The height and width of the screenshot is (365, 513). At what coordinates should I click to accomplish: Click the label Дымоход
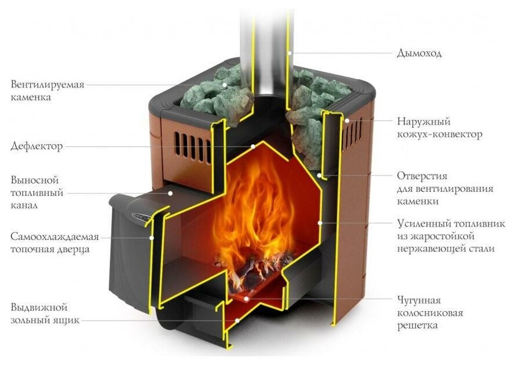click(x=419, y=53)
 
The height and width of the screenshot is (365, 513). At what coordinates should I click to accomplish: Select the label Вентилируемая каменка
click(x=47, y=91)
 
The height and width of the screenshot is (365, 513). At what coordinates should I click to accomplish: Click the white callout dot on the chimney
click(x=290, y=53)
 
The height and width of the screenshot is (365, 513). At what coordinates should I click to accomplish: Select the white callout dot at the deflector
click(x=252, y=147)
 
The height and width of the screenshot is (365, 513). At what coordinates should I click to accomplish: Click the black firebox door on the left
click(x=127, y=249)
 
